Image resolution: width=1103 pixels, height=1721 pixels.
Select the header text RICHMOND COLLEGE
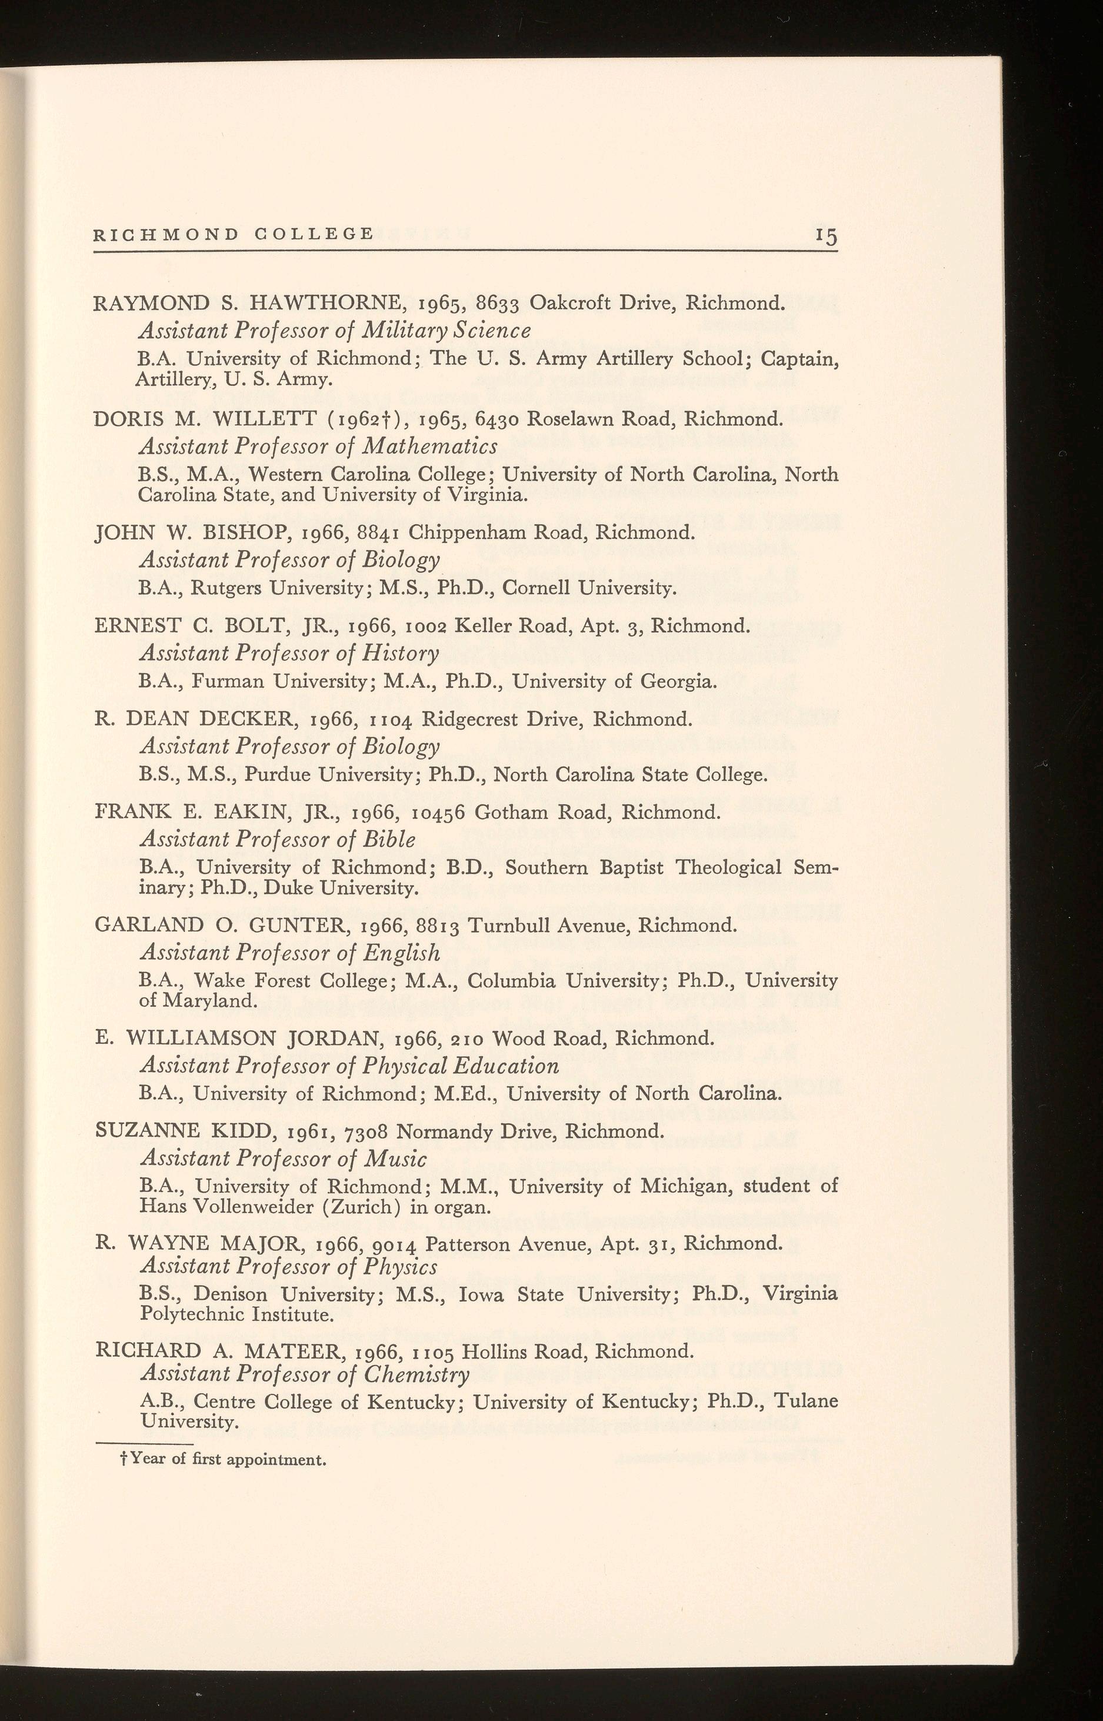pos(234,234)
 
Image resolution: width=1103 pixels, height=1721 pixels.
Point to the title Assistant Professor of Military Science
pos(335,330)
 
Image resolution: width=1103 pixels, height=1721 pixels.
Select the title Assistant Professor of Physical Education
pos(349,1066)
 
